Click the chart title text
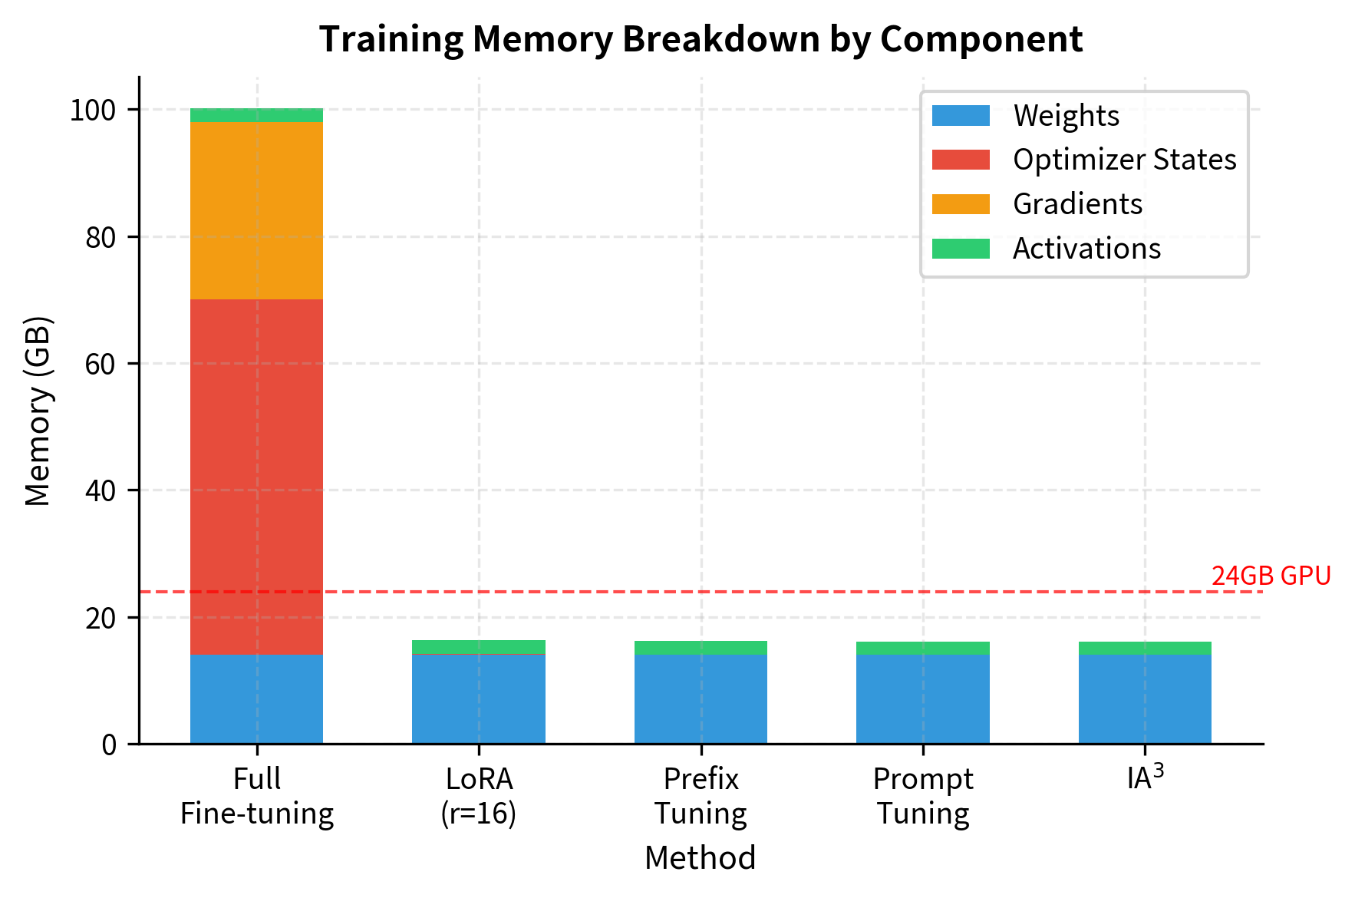(700, 39)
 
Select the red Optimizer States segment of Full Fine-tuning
(256, 476)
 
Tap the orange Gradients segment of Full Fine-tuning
(256, 210)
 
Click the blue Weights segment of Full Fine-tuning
(256, 698)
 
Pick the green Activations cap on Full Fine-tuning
(256, 115)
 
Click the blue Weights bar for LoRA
(479, 698)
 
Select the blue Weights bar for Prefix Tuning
(701, 698)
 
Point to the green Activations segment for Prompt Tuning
(922, 648)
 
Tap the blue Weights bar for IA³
(1145, 698)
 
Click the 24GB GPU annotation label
(1271, 576)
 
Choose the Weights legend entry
(1066, 116)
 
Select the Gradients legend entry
(1077, 204)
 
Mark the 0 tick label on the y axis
(109, 744)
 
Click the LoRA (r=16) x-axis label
(479, 796)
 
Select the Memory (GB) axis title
(38, 411)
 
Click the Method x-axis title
(700, 858)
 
